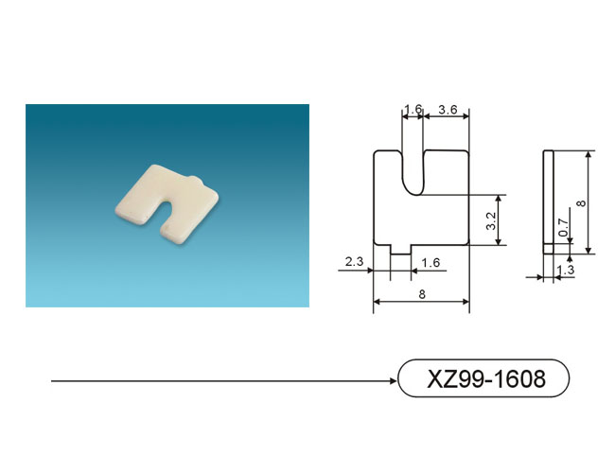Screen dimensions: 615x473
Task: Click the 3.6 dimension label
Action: [x=448, y=110]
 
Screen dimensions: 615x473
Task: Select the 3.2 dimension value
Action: [x=491, y=220]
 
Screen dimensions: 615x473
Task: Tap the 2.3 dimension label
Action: [x=354, y=261]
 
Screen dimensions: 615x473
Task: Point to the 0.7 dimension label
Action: [x=563, y=227]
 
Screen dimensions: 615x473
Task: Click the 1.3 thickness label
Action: [x=565, y=270]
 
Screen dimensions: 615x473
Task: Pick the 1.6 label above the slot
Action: [x=413, y=109]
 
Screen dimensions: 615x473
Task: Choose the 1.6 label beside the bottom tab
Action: [x=430, y=262]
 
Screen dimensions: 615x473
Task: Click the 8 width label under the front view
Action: [x=422, y=294]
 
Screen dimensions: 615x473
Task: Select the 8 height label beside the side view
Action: [x=582, y=202]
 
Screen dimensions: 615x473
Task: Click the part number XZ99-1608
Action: [x=486, y=378]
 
